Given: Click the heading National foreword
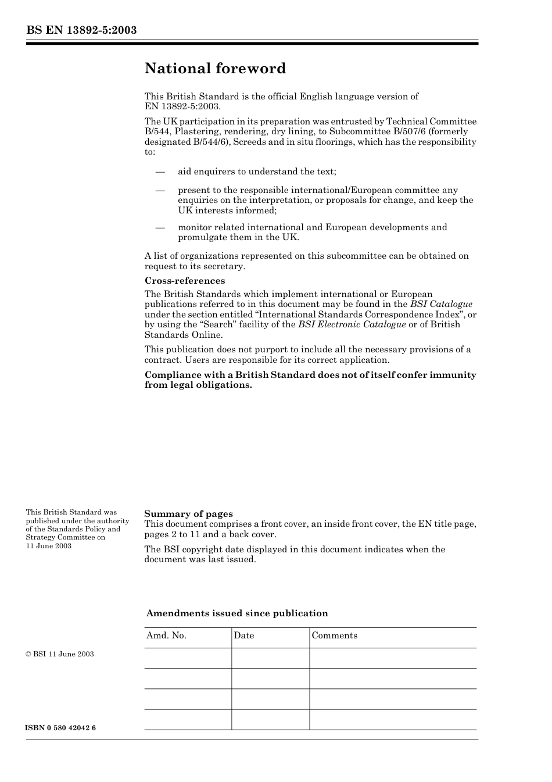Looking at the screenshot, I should click(215, 69).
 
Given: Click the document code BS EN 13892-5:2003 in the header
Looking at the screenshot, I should click(81, 30).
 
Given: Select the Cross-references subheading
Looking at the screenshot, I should click(184, 281).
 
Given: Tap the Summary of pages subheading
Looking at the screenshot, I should click(188, 513).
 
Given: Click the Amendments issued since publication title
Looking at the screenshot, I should click(236, 613).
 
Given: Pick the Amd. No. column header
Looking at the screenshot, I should click(166, 635).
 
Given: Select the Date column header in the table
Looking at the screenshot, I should click(244, 635).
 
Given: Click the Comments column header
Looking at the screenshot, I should click(334, 635).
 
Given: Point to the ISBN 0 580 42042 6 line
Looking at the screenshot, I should click(60, 728).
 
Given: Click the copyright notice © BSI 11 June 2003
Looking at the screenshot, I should click(59, 654).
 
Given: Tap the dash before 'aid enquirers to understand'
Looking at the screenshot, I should click(160, 172).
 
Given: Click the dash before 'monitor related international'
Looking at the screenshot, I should click(160, 227).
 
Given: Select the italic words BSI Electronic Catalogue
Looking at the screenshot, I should click(352, 324).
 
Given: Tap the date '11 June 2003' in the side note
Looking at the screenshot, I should click(49, 546).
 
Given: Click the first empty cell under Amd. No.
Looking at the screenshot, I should click(188, 658).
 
